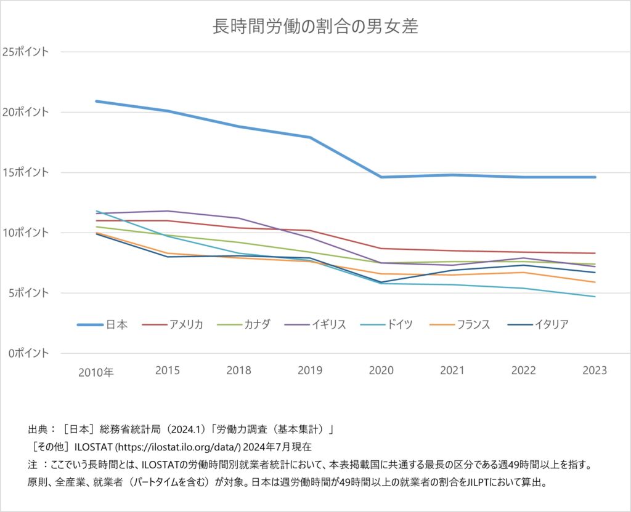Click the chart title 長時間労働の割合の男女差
pyautogui.click(x=315, y=27)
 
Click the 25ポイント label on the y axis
pyautogui.click(x=25, y=52)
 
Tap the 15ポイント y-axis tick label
pyautogui.click(x=25, y=172)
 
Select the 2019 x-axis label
pyautogui.click(x=310, y=370)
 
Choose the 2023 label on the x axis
pyautogui.click(x=595, y=370)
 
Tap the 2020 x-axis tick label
pyautogui.click(x=381, y=370)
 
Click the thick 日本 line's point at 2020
pyautogui.click(x=381, y=177)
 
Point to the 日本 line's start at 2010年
pyautogui.click(x=97, y=101)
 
